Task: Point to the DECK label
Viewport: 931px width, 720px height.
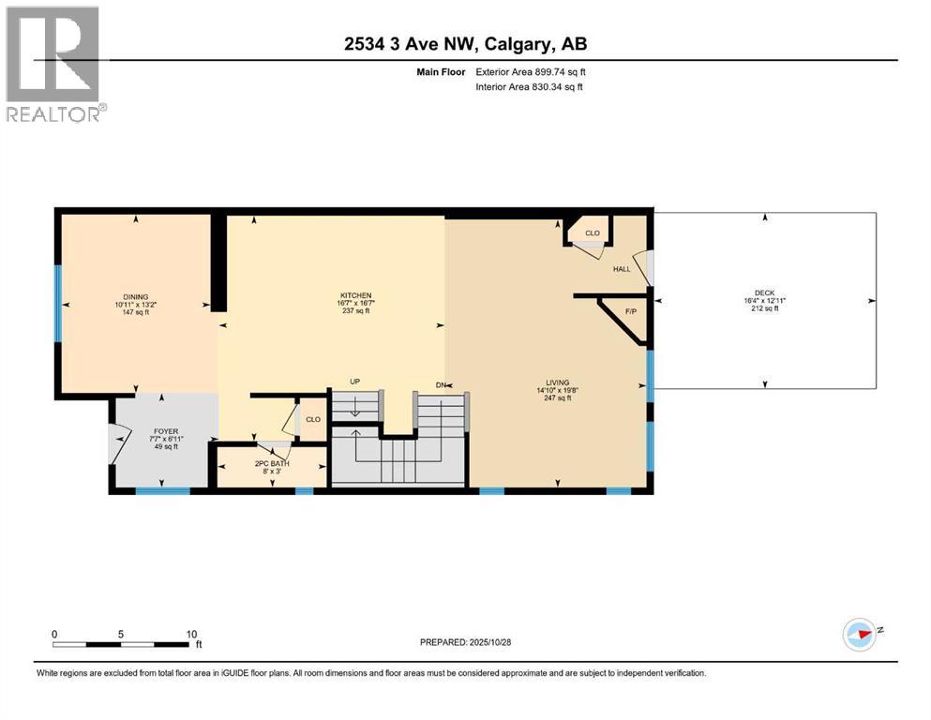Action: tap(765, 293)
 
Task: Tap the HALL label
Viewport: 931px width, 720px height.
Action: tap(622, 269)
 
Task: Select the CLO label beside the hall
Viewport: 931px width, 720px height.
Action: tap(592, 232)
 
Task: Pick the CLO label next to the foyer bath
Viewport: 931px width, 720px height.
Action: tap(313, 419)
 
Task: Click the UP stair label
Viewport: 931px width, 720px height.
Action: tap(354, 382)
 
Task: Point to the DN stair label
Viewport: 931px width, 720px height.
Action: tap(442, 384)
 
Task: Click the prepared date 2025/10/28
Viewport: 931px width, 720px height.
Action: tap(465, 642)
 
